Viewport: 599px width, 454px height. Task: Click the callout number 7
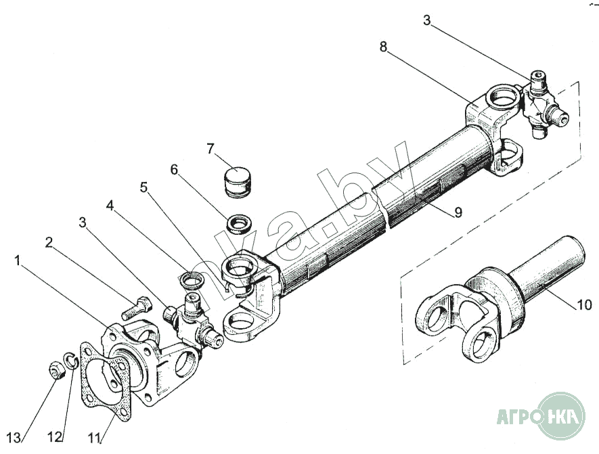click(x=210, y=149)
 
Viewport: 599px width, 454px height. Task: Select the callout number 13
click(x=14, y=438)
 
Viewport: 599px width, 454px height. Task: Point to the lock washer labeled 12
click(x=72, y=361)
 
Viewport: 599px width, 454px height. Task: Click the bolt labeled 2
click(x=137, y=308)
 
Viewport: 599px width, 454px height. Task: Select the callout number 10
click(x=583, y=304)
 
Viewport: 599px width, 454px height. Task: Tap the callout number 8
click(x=383, y=47)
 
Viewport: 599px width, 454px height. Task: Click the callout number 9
click(x=458, y=212)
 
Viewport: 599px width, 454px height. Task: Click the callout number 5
click(x=143, y=187)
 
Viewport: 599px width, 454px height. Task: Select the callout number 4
click(x=110, y=206)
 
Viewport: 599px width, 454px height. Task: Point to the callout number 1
click(x=17, y=261)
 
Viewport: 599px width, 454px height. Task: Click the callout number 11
click(x=95, y=438)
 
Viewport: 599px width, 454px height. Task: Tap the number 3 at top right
click(x=426, y=20)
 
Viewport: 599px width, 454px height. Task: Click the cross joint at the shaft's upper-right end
click(x=543, y=104)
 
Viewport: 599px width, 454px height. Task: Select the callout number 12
click(x=55, y=437)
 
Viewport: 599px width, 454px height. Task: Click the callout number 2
click(x=49, y=242)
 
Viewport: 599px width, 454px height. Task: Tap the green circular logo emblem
click(x=561, y=416)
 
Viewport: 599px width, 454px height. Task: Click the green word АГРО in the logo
click(x=519, y=416)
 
